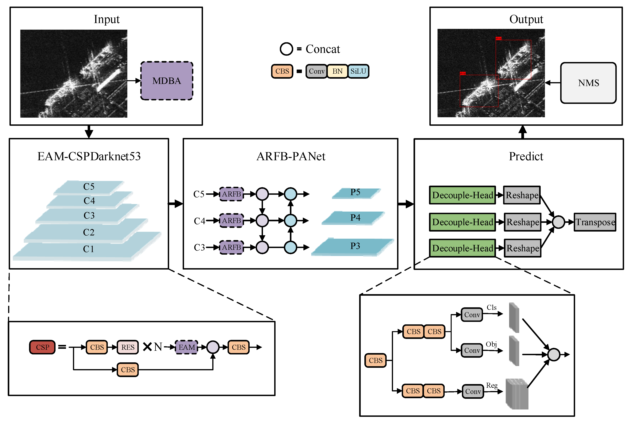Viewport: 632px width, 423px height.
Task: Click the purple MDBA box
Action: tap(166, 81)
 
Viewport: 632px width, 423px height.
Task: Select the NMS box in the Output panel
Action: tap(588, 83)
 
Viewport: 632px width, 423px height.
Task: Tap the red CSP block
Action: tap(42, 347)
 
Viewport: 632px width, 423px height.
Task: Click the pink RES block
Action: tap(128, 347)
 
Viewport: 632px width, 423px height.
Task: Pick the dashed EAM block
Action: tap(186, 347)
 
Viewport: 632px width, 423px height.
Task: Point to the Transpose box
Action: tap(595, 222)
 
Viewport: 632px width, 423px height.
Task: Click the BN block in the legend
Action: tap(337, 71)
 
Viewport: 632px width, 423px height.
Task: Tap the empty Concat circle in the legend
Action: tap(286, 49)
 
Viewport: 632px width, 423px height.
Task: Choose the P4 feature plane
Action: tap(354, 218)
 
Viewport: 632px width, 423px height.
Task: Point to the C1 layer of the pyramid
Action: tap(89, 249)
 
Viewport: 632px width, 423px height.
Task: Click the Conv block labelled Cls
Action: tap(472, 314)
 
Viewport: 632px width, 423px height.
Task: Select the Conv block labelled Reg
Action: tap(473, 391)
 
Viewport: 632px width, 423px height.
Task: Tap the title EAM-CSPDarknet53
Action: tap(89, 156)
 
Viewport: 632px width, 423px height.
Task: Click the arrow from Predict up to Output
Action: tap(523, 132)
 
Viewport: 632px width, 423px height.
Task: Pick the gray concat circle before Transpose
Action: tap(558, 222)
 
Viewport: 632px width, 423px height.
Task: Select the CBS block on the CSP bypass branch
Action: tap(128, 370)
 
